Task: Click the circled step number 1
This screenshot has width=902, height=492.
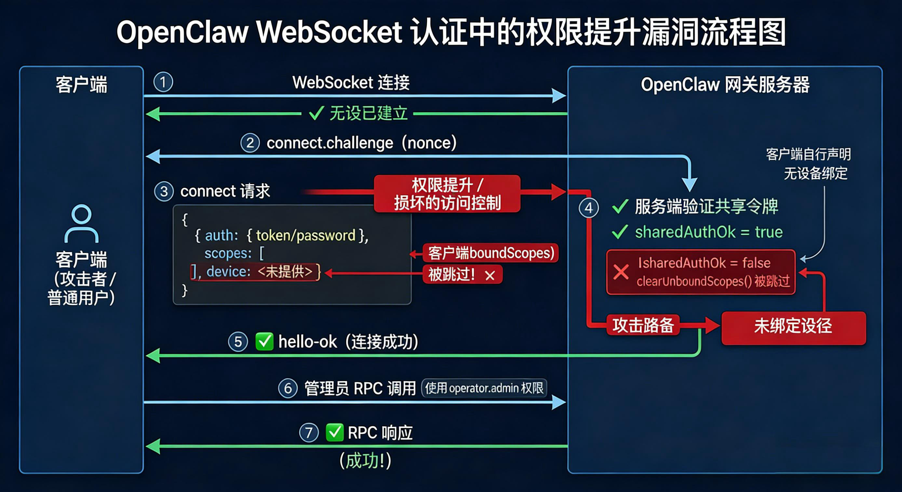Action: (x=163, y=82)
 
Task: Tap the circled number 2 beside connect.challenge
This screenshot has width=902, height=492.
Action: (x=250, y=143)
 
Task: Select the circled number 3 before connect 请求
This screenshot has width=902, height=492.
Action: (x=164, y=192)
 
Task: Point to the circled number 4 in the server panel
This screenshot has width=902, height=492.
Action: (x=589, y=208)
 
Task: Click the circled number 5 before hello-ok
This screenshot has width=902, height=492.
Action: (x=238, y=342)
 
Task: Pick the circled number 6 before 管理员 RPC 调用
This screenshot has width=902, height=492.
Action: (x=288, y=388)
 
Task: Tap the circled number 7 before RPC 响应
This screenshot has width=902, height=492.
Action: (x=309, y=433)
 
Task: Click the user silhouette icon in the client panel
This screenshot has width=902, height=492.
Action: (x=82, y=224)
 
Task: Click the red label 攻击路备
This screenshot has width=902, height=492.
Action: (x=643, y=325)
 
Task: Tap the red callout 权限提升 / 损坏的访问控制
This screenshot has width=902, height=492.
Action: (x=447, y=194)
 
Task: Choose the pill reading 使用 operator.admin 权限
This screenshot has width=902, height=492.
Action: (x=484, y=388)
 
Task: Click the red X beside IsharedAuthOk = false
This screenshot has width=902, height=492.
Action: (x=621, y=272)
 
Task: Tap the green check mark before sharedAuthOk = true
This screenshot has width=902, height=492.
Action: (x=620, y=232)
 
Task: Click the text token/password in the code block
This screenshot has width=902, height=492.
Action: (x=305, y=236)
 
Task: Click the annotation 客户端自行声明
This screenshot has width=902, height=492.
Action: (x=808, y=155)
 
